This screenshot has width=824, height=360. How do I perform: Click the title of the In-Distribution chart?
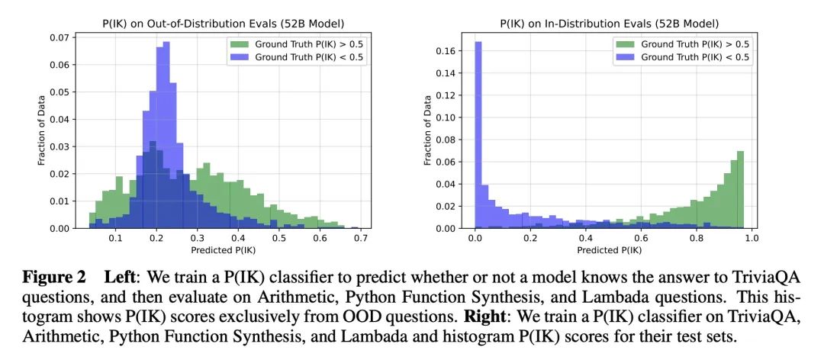point(609,24)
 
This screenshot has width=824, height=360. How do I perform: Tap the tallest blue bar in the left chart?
point(166,135)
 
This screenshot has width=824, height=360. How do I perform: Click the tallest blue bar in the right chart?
point(478,135)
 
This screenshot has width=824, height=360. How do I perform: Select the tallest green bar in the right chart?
point(740,190)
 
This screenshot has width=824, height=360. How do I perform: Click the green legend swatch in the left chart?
point(239,44)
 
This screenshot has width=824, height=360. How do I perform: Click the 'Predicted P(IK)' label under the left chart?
point(223,250)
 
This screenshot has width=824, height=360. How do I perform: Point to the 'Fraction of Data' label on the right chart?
point(428,130)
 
